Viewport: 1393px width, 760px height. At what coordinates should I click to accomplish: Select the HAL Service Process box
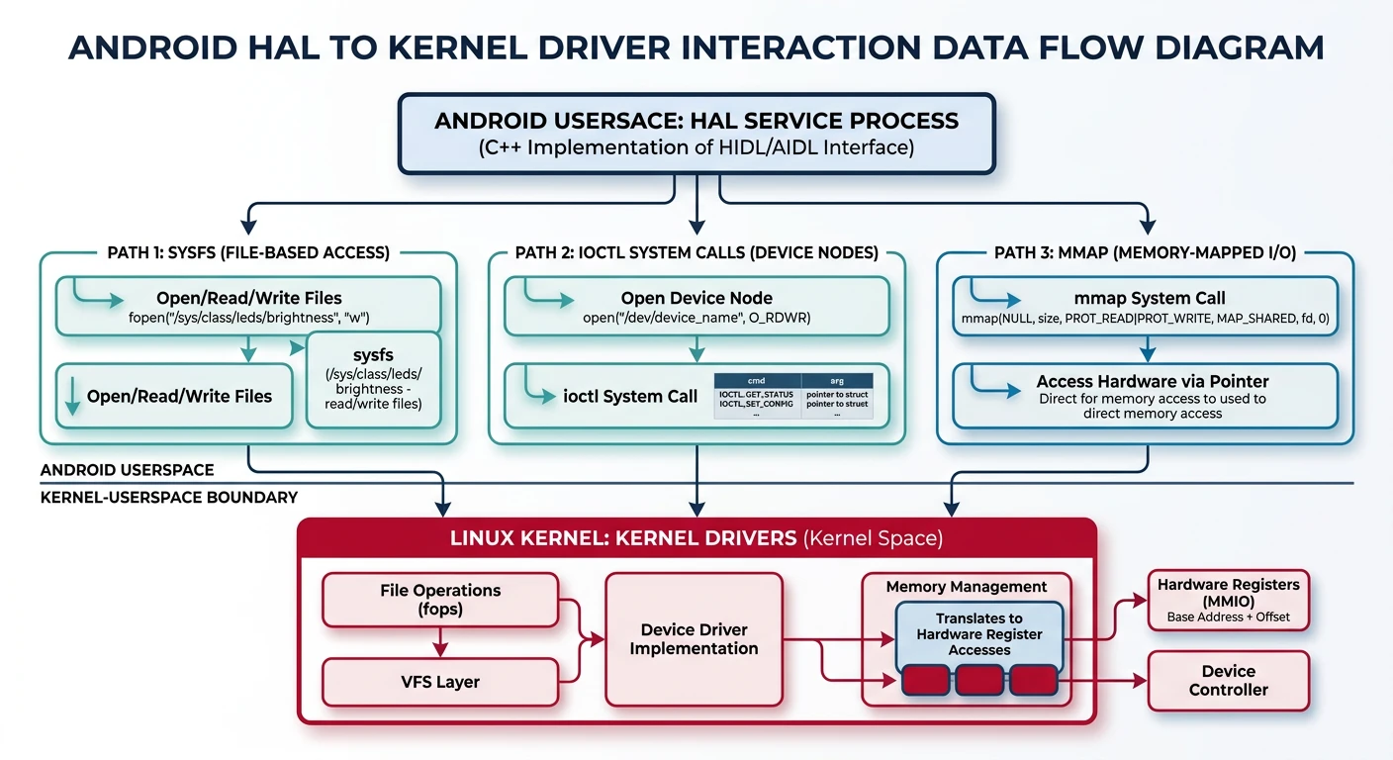696,134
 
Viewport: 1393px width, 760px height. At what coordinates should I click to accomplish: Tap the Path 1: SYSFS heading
247,252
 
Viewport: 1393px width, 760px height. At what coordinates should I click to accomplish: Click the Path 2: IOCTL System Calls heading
696,252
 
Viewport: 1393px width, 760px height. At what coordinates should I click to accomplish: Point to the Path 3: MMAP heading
1145,252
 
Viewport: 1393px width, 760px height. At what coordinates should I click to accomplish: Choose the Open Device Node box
696,307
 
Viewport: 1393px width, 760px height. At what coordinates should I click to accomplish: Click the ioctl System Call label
630,396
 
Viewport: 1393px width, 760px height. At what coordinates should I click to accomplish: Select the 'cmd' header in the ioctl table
756,380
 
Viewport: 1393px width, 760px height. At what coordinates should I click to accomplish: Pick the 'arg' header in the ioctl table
836,380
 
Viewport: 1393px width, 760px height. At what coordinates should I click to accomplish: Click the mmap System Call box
1145,307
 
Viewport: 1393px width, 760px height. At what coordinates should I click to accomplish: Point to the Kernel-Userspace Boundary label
168,497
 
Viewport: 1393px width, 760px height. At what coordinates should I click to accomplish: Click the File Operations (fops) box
440,600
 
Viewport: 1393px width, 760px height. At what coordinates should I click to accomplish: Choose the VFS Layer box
440,682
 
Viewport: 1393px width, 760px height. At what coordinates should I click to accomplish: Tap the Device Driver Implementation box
694,639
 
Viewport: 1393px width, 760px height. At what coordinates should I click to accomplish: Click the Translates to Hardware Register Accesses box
978,634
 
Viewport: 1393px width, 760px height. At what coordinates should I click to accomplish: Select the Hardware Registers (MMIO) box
1228,600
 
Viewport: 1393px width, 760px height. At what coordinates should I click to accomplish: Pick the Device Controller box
1228,680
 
